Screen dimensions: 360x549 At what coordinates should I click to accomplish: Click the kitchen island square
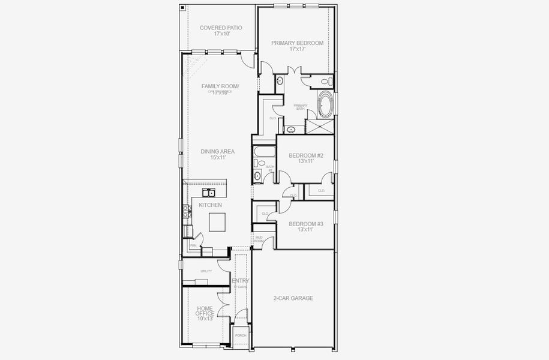217,222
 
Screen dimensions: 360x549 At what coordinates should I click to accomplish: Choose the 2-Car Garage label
293,298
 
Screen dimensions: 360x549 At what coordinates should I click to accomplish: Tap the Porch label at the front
241,335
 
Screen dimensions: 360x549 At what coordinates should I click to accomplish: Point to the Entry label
241,281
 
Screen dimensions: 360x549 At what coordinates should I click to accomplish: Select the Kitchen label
211,205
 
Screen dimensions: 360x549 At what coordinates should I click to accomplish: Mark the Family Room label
220,88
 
